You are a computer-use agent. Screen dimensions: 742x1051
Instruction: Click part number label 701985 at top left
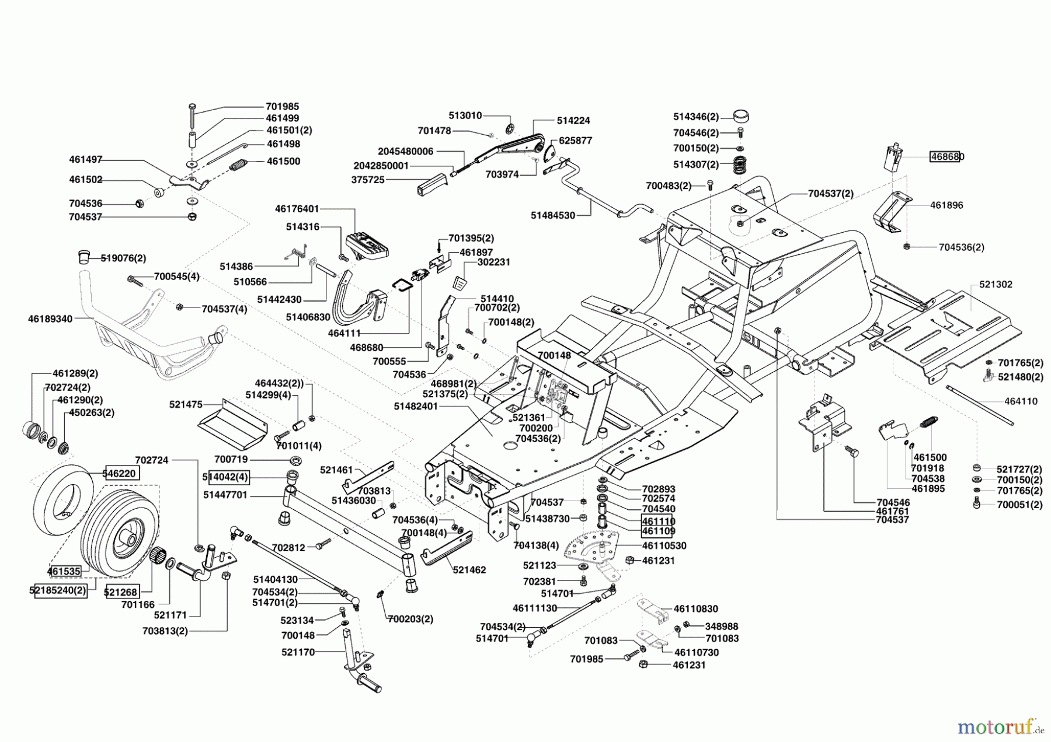282,106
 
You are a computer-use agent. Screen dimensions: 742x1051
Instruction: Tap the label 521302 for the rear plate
996,285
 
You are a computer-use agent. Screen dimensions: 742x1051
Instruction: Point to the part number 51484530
552,215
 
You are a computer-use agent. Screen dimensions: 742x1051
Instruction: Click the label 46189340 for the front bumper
50,319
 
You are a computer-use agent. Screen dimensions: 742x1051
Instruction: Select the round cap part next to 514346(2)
740,115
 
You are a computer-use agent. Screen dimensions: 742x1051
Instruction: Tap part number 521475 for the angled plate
186,404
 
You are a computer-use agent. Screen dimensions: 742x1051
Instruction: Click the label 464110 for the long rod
1021,401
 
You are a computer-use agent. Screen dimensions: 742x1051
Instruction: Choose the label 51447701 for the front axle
225,495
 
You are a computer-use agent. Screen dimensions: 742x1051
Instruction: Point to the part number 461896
946,205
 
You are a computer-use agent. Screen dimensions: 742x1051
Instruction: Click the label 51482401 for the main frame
416,406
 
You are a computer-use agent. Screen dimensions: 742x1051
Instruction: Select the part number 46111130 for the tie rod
535,608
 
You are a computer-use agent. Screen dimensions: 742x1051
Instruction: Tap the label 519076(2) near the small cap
123,258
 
